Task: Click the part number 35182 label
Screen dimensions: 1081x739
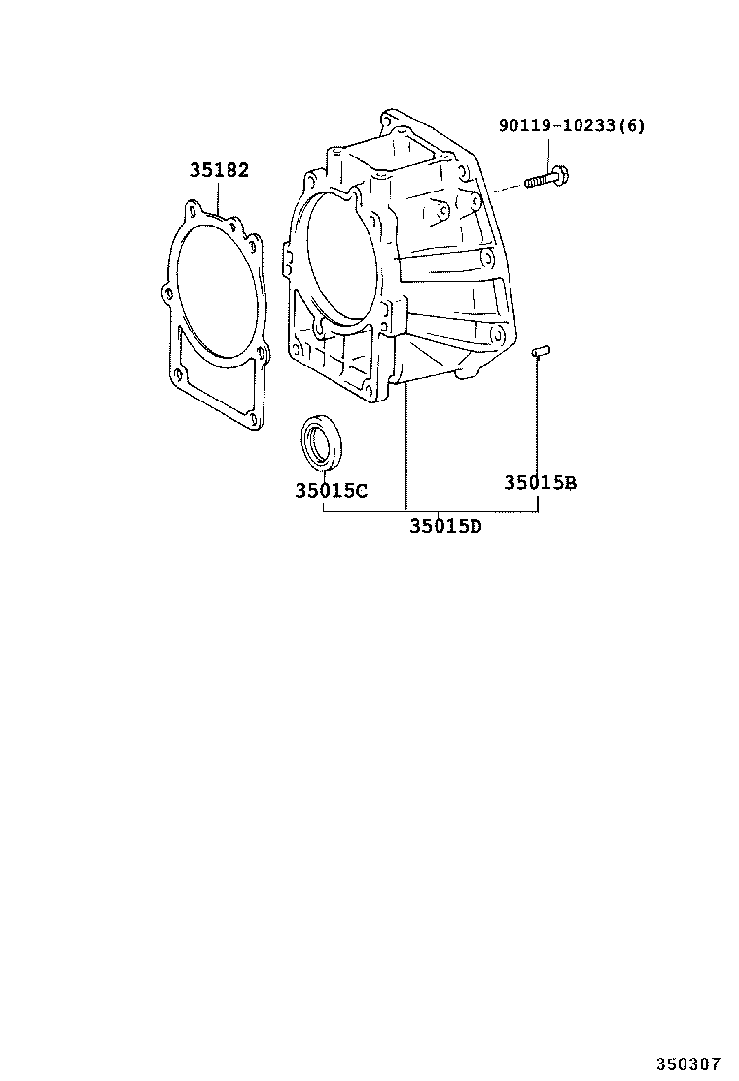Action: tap(219, 170)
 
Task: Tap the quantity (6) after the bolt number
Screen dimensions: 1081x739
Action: tap(632, 125)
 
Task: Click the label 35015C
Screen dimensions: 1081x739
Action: tap(331, 491)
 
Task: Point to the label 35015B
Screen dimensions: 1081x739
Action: tap(540, 482)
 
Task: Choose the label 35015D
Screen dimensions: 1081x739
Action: tap(445, 527)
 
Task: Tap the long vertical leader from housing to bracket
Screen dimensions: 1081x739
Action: tap(405, 447)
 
